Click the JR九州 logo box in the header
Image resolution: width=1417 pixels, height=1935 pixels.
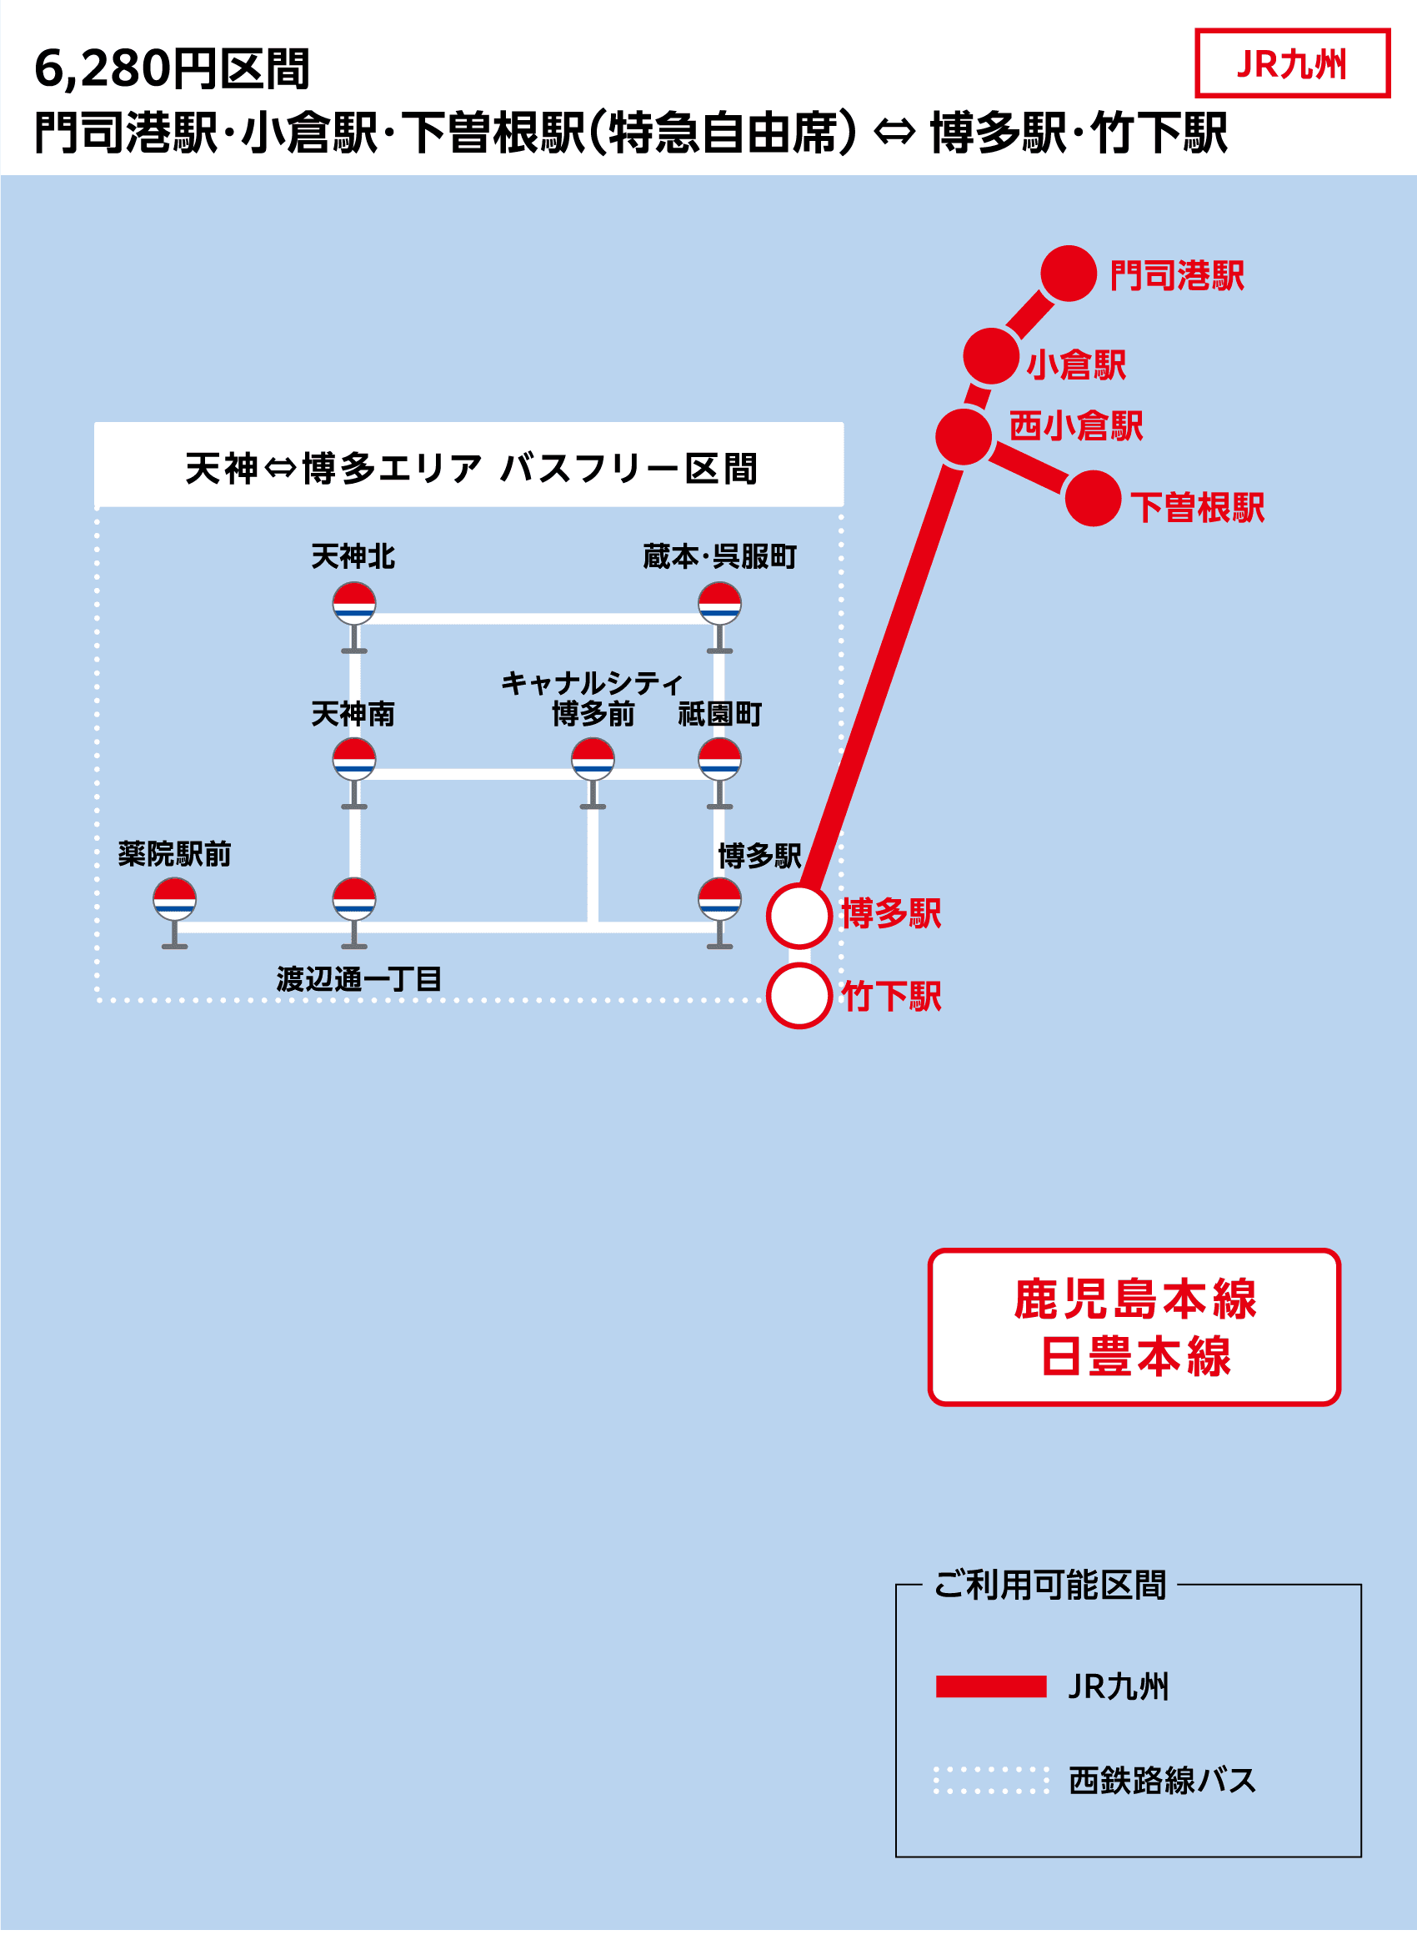tap(1292, 63)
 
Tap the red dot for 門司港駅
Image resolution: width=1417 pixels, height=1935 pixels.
tap(1069, 274)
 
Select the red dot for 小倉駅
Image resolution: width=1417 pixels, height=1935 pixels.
tap(991, 355)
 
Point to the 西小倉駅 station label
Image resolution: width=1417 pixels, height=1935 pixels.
tap(1075, 425)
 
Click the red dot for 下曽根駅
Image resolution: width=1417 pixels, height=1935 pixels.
tap(1093, 498)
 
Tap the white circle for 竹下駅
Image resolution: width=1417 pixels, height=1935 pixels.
tap(799, 995)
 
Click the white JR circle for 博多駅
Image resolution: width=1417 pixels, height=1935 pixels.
tap(799, 916)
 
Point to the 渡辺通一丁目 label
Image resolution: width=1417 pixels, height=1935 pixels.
tap(358, 979)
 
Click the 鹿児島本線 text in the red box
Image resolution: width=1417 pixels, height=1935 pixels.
tap(1134, 1299)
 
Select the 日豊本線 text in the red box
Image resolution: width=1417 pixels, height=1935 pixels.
tap(1134, 1358)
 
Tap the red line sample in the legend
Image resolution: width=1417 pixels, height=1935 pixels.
tap(991, 1686)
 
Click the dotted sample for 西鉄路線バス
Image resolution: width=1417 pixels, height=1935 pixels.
tap(991, 1781)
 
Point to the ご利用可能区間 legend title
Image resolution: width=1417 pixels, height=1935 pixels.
tap(1050, 1585)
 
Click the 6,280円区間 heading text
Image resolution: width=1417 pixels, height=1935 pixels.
tap(172, 68)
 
